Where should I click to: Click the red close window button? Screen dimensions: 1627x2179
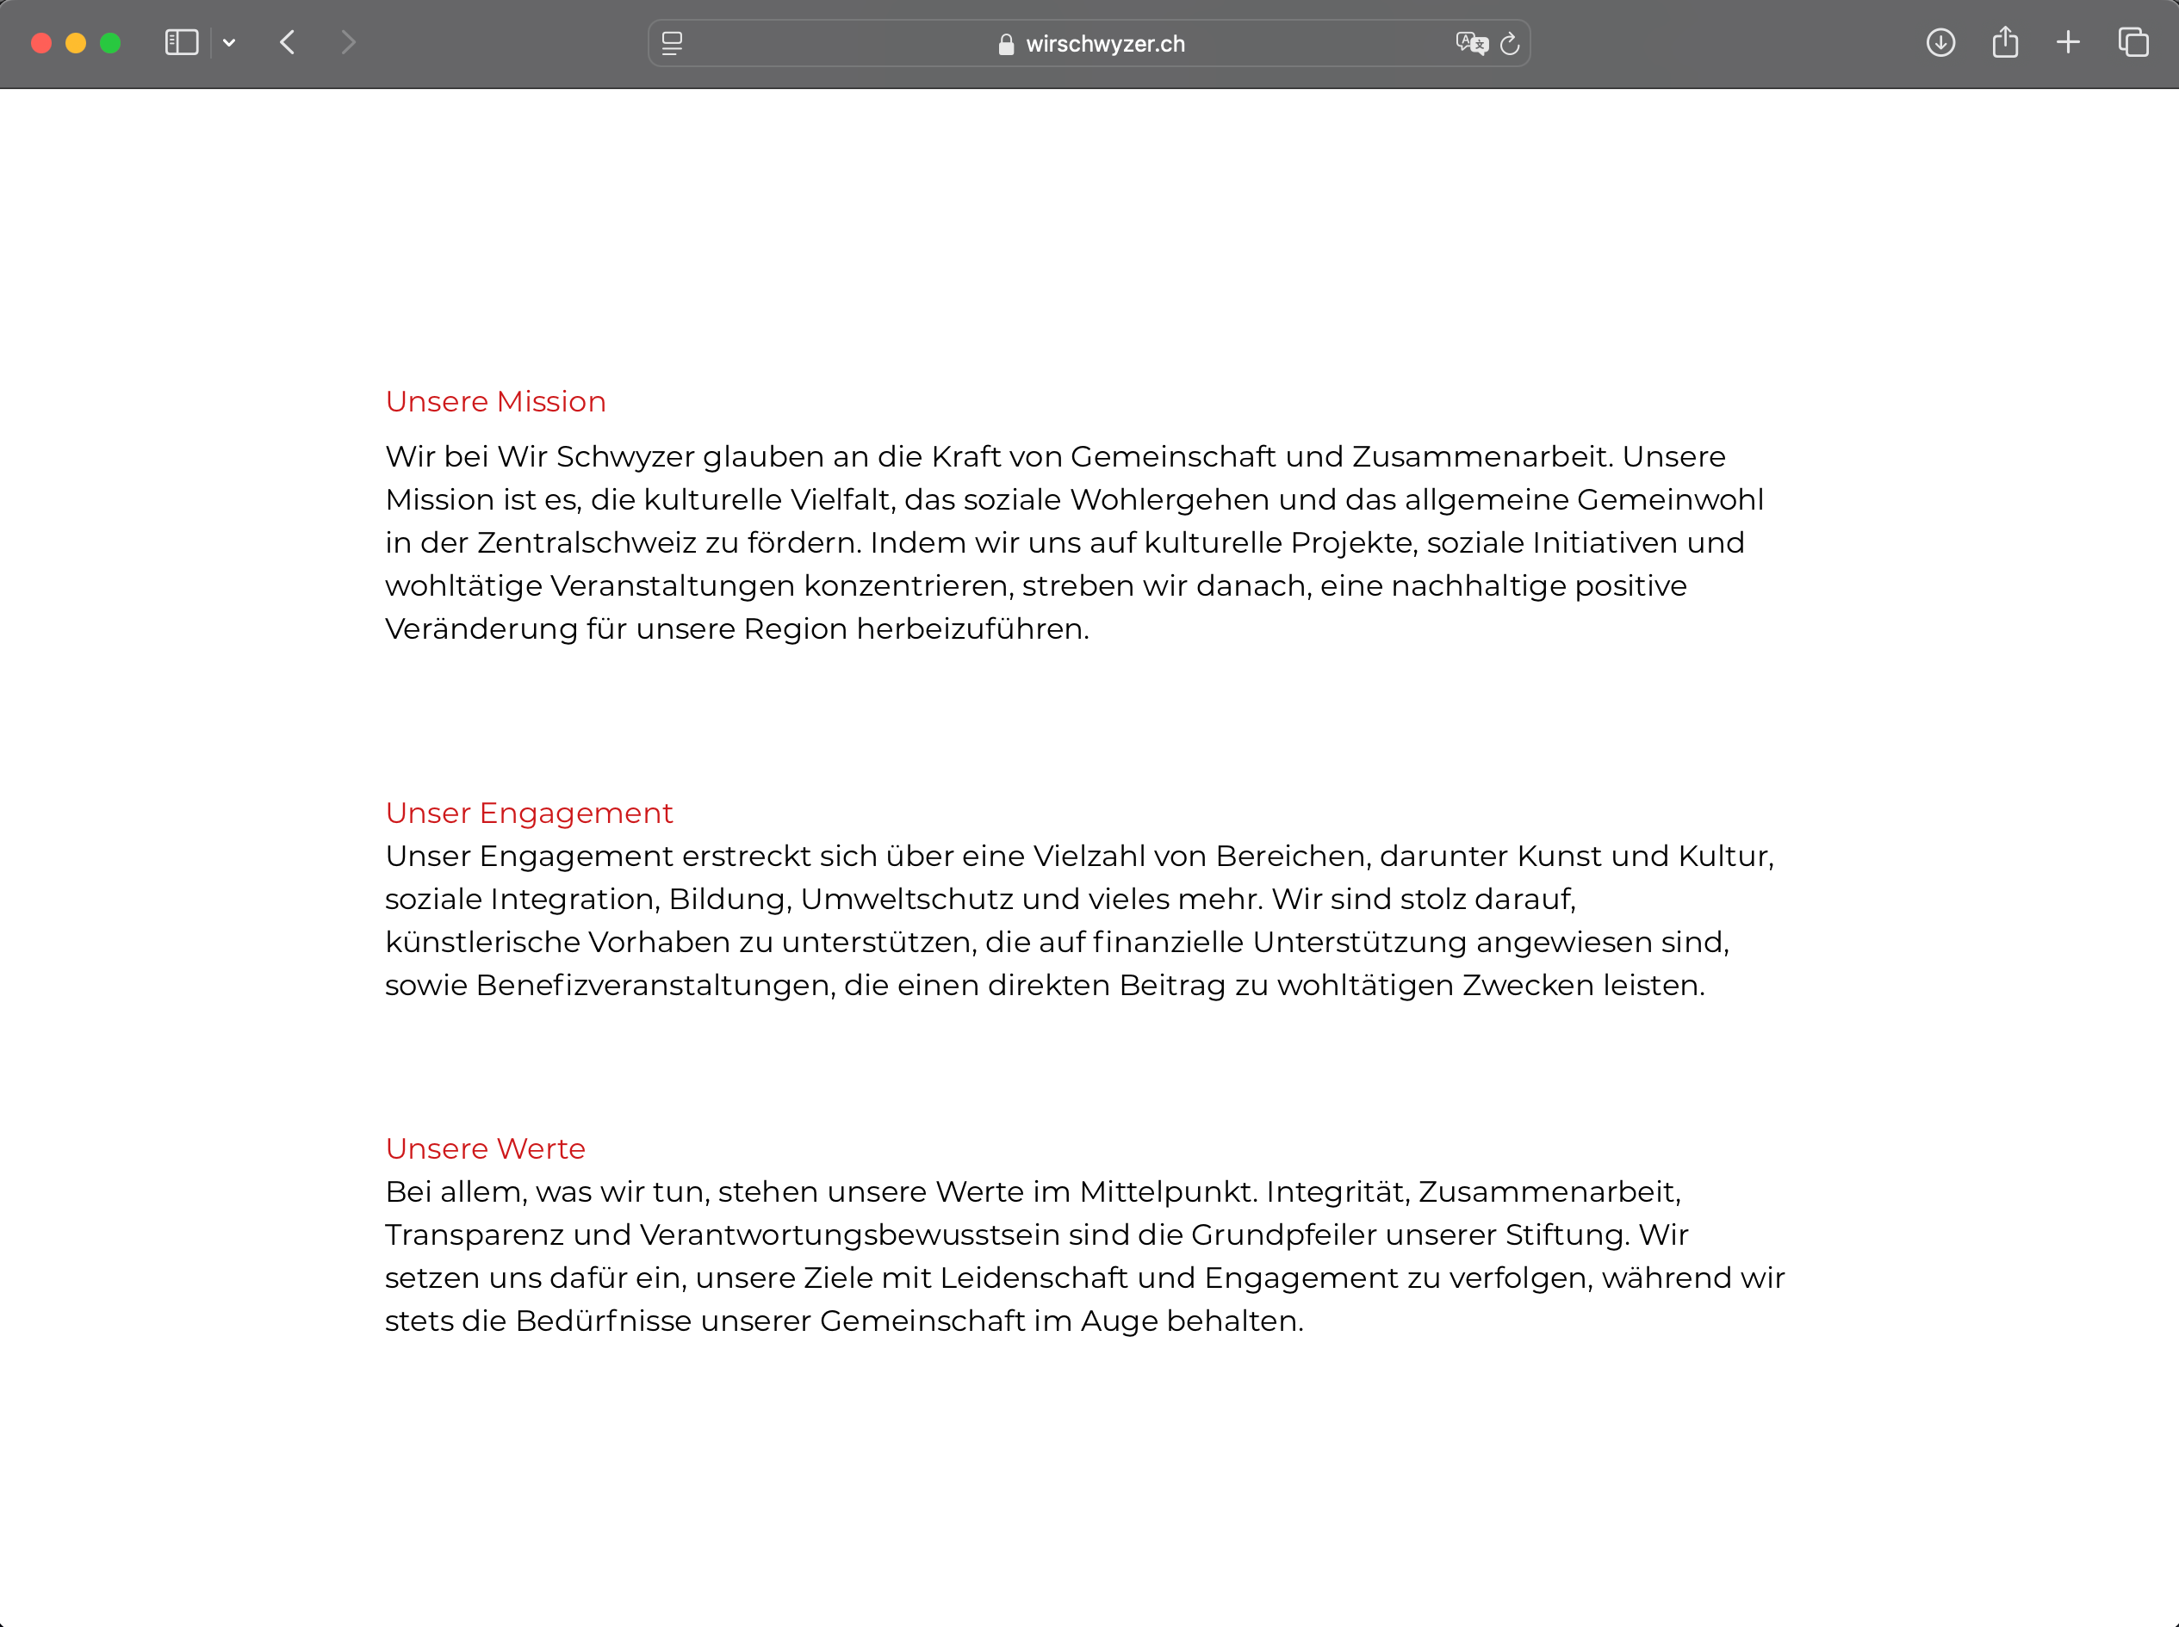[x=41, y=43]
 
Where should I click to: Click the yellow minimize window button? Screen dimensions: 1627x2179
[x=76, y=43]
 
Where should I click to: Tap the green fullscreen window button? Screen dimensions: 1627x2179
[x=110, y=43]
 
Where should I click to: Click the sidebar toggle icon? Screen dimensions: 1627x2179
[x=181, y=43]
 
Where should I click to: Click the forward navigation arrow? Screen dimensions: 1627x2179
[x=348, y=43]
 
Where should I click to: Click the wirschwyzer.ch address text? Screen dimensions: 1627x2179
[x=1104, y=44]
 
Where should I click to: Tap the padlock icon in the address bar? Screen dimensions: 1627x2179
[x=1006, y=44]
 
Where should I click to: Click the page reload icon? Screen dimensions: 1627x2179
[x=1509, y=44]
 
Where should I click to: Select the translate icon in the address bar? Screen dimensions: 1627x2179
[x=1471, y=43]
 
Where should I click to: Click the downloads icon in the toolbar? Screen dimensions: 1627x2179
[x=1940, y=43]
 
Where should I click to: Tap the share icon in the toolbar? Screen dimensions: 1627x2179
[x=2005, y=43]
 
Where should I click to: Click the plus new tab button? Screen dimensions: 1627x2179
[x=2068, y=43]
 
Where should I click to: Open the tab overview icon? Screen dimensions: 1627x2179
[x=2132, y=43]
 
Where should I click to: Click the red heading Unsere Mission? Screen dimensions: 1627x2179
[x=495, y=402]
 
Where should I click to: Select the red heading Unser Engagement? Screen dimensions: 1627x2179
[x=529, y=813]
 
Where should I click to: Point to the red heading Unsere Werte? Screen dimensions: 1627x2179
[x=486, y=1149]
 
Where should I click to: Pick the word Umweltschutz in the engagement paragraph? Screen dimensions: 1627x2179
[x=906, y=900]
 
